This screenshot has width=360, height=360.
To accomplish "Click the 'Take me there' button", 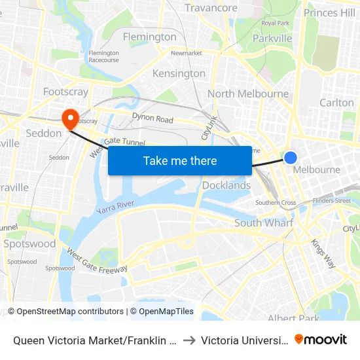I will pos(180,160).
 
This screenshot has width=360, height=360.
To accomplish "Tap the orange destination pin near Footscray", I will pos(69,118).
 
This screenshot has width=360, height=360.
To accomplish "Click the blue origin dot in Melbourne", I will pos(291,157).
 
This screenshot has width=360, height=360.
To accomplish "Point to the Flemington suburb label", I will pos(150,37).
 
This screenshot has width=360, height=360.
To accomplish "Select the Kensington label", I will pos(179,73).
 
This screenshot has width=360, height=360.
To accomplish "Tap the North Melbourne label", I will pos(248,94).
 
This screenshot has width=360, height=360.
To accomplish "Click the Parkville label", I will pos(272,39).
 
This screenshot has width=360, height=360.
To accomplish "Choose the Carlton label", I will pos(336,103).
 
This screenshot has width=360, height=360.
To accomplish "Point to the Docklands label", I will pos(226,185).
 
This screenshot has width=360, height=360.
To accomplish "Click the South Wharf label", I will pos(264,223).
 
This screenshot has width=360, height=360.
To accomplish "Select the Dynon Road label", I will pos(153,119).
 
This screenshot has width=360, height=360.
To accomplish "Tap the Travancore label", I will pos(211,8).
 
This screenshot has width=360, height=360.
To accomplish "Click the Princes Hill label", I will pos(330,12).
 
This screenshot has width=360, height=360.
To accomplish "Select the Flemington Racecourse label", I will pos(103,56).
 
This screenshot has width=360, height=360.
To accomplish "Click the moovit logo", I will pos(320,339).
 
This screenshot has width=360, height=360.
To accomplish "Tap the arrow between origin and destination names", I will pos(189,340).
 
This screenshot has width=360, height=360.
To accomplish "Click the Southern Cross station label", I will pos(276,203).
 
